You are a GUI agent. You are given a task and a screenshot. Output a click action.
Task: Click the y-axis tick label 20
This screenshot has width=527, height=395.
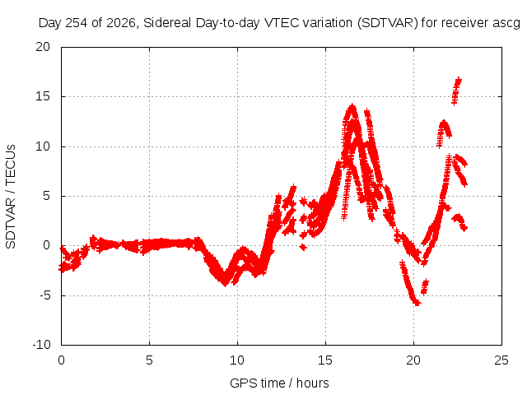click(x=43, y=47)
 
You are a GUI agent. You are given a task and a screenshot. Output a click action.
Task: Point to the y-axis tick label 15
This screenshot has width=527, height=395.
click(x=43, y=97)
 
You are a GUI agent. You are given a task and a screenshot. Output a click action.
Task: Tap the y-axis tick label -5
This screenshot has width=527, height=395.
click(x=44, y=295)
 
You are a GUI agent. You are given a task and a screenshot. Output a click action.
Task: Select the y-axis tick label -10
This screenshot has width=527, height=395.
click(x=41, y=345)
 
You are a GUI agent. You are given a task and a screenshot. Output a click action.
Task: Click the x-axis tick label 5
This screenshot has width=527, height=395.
click(x=149, y=360)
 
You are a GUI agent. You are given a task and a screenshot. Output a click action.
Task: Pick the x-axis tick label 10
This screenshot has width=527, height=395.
click(x=237, y=360)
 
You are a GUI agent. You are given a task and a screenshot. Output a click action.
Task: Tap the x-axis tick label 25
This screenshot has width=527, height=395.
click(x=501, y=360)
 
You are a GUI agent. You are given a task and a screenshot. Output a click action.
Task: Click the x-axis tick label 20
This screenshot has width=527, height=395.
click(x=413, y=360)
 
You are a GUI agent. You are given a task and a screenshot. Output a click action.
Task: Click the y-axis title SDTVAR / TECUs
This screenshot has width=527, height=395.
click(x=11, y=197)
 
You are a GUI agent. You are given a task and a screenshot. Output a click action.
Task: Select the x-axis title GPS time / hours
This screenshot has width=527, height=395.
click(x=279, y=383)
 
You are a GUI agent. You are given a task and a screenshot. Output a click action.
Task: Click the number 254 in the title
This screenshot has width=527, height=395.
click(x=76, y=23)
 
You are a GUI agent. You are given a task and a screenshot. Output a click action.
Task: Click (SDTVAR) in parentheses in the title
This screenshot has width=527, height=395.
click(x=388, y=23)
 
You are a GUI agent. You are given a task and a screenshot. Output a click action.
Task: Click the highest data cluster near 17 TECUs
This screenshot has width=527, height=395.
click(x=456, y=91)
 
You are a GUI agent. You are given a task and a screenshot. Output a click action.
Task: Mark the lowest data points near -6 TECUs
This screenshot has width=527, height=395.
click(x=416, y=303)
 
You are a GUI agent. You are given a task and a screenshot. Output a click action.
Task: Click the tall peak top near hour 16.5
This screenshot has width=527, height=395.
click(x=352, y=107)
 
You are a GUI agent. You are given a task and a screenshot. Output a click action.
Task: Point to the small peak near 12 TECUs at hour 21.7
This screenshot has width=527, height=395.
click(x=444, y=123)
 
